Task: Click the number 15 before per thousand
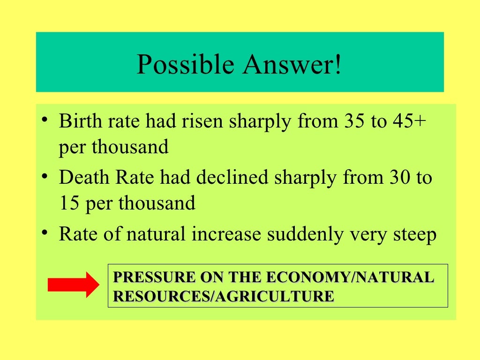point(69,204)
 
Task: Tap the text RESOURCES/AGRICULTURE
point(224,296)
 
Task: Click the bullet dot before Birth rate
point(44,120)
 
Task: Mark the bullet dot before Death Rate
point(44,177)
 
